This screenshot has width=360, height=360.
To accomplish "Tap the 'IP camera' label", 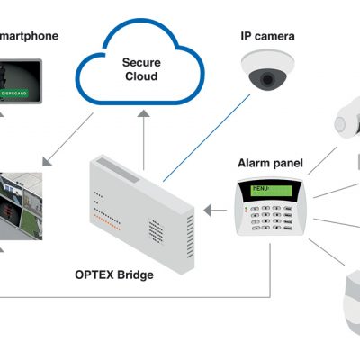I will [267, 36].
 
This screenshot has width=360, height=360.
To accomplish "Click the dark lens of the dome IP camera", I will [268, 79].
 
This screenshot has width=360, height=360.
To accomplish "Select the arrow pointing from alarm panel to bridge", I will [213, 211].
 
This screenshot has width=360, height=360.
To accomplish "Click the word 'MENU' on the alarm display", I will [261, 189].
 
